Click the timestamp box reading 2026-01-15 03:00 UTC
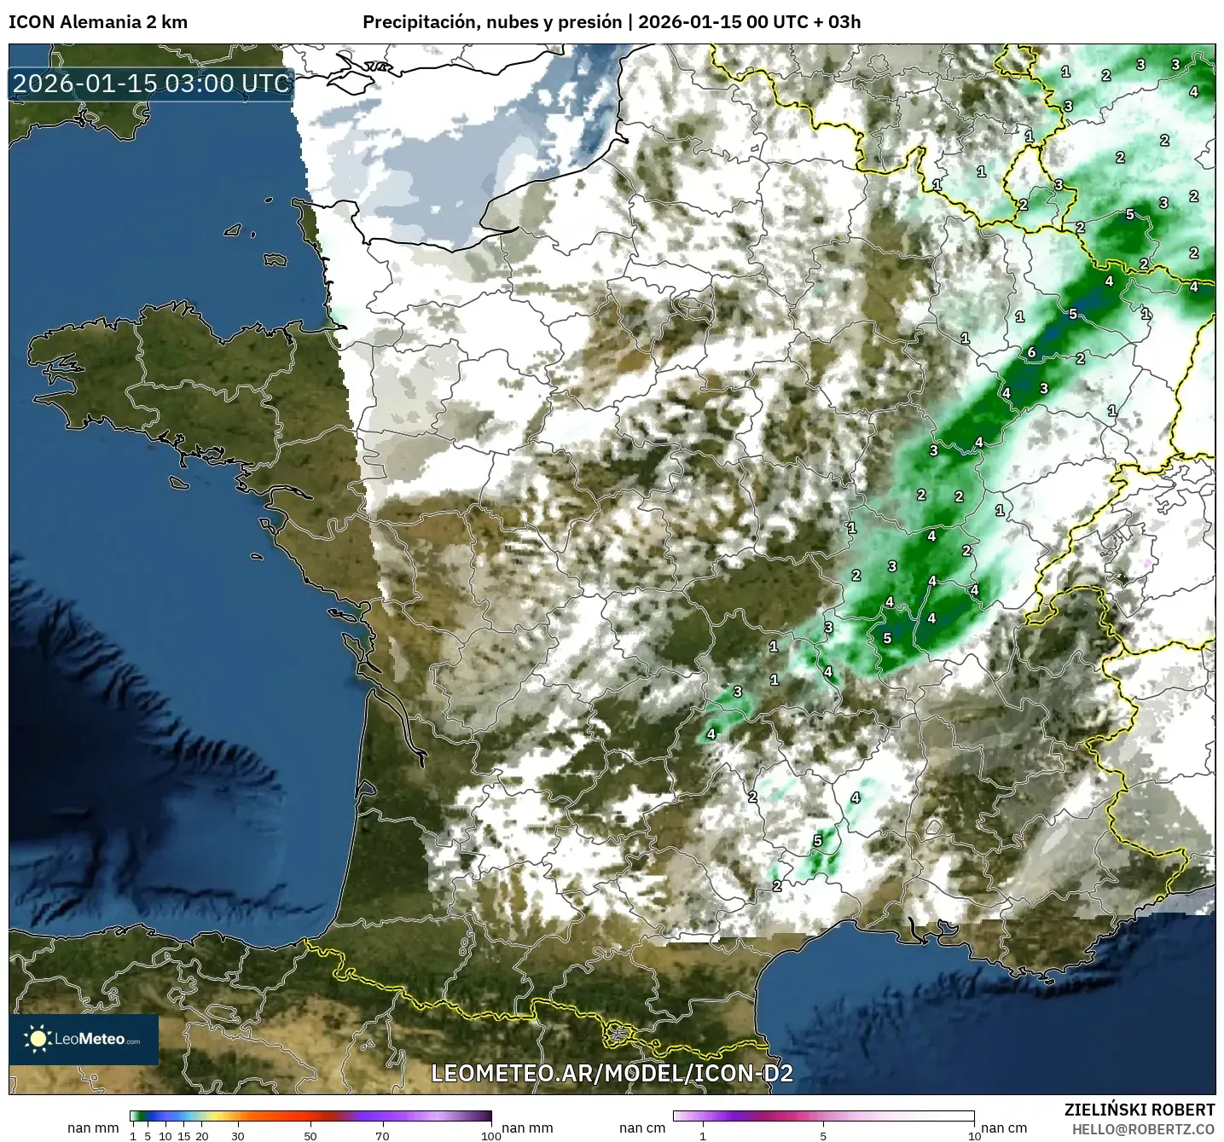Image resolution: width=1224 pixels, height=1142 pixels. tap(152, 84)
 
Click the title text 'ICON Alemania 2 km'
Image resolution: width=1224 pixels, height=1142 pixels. tap(98, 22)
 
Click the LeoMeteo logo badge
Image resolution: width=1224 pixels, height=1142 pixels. tap(84, 1039)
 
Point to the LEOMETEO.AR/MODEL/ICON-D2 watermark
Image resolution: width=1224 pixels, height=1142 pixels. tap(612, 1073)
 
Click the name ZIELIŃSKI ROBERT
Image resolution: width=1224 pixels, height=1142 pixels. tap(1139, 1110)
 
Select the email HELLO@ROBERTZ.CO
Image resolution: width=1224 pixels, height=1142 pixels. tap(1143, 1129)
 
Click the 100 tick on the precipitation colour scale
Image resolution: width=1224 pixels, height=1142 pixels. tap(491, 1135)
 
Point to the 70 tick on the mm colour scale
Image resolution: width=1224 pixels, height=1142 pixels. tap(383, 1135)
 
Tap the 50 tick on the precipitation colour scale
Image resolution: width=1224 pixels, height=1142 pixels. tap(310, 1135)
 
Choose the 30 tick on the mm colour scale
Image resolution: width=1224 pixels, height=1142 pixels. tap(238, 1135)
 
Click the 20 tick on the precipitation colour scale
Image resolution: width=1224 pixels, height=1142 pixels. tap(202, 1135)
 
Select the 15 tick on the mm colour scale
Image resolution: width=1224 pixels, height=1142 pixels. tap(183, 1135)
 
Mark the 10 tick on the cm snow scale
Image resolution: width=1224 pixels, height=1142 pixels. tap(973, 1135)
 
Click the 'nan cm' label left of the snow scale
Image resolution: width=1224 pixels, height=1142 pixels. tap(642, 1128)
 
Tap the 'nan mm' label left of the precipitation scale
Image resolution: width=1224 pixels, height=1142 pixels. tap(93, 1128)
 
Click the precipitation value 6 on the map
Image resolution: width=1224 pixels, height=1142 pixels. tap(1031, 352)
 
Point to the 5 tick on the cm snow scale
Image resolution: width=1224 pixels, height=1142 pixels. tap(823, 1135)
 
